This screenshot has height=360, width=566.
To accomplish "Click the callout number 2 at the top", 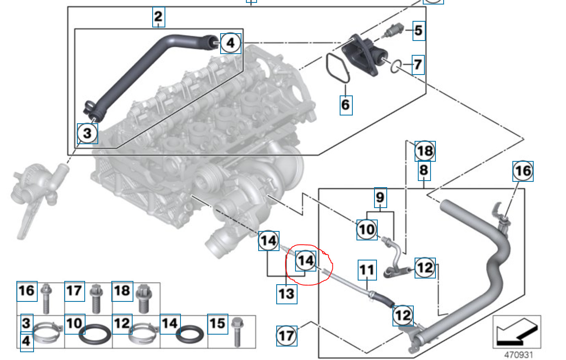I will pos(158,17).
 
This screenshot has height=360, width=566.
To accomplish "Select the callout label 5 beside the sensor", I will pos(418,31).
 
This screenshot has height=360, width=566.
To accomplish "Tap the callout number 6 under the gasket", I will pos(346,104).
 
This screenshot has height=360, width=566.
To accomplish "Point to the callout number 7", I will pos(418,65).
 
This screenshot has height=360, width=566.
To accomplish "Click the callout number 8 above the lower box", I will pos(424,170).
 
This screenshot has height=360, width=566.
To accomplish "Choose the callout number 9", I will pos(380,197).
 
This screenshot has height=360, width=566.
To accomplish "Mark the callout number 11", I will pos(367,270).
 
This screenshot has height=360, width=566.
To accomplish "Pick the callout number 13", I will pos(286,294).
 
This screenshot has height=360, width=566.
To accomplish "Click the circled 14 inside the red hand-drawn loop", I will pos(306,260).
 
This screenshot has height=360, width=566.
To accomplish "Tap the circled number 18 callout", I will pos(425,151).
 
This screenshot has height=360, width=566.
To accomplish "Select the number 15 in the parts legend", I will pos(218,324).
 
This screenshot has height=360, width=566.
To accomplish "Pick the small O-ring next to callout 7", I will pos(396,66).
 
